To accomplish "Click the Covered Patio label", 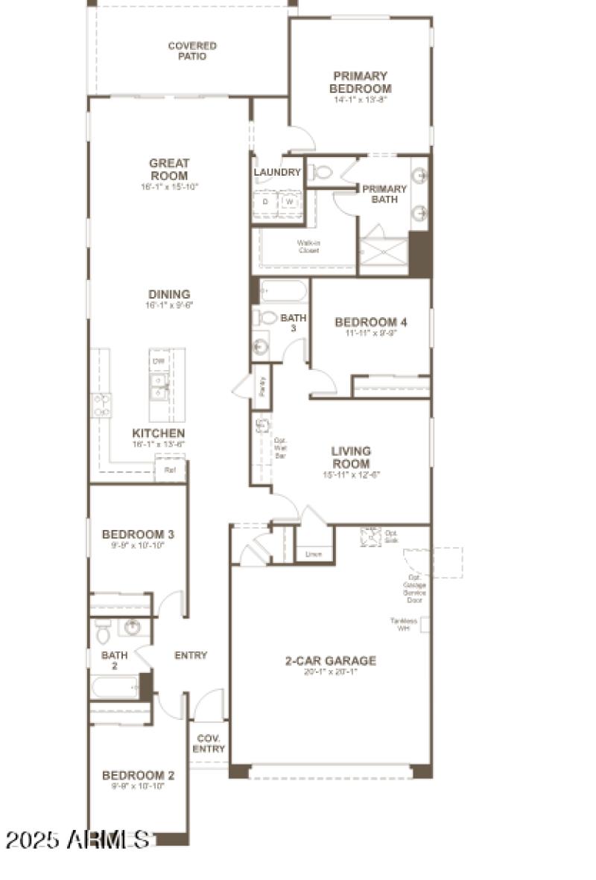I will [x=192, y=51].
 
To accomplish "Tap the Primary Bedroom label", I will [x=360, y=82].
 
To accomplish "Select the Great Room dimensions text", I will [x=169, y=187].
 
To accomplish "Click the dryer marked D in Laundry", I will [x=264, y=202].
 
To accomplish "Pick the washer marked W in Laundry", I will [x=290, y=202].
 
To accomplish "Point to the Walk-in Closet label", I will [x=308, y=246].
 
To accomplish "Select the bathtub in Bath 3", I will [x=283, y=290].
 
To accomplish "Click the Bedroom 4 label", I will [x=370, y=322].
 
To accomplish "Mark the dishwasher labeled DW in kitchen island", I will [x=158, y=361].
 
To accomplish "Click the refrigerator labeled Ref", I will [x=170, y=470].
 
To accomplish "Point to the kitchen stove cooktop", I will [x=101, y=405].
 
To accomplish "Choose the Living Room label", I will [x=352, y=457].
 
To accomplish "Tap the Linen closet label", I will [x=314, y=554].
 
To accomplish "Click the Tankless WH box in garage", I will [x=425, y=625].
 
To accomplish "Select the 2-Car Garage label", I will [x=330, y=660].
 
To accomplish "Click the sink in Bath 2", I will [x=133, y=627].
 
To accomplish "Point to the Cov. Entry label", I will [x=209, y=744].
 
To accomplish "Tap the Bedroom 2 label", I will [x=138, y=776].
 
